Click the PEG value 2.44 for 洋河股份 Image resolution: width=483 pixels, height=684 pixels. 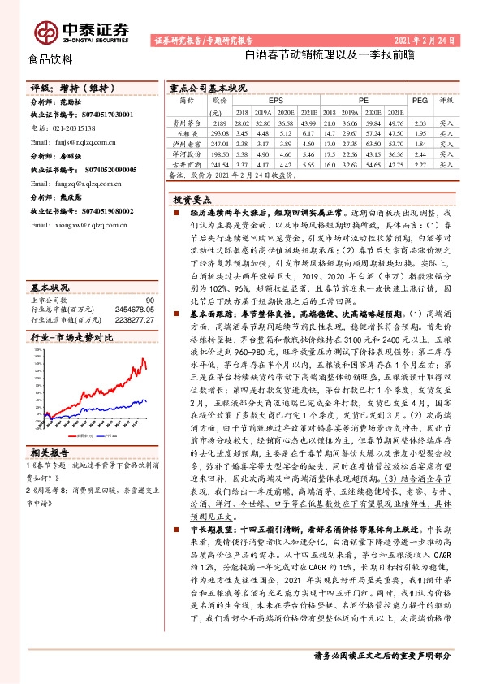pyautogui.click(x=420, y=153)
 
